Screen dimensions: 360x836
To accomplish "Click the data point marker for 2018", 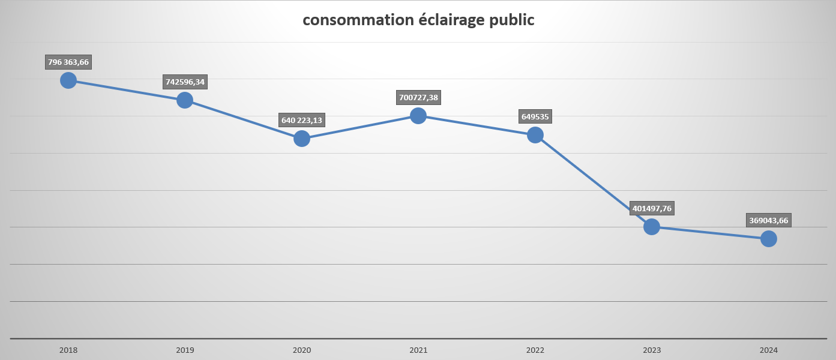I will tap(68, 80).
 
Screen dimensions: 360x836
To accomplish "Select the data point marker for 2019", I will tap(185, 100).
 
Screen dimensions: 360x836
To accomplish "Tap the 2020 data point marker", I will tap(302, 139).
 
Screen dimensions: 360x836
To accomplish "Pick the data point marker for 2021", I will tap(418, 116).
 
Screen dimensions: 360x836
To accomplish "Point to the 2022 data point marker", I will tap(535, 135).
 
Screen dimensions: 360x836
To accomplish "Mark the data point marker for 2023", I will tap(652, 227).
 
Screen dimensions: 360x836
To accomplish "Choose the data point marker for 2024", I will tap(769, 239).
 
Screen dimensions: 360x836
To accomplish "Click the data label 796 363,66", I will tap(68, 62).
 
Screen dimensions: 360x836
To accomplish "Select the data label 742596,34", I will tap(185, 82).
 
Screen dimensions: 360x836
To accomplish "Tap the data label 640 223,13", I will tap(302, 120).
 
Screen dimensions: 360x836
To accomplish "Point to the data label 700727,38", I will tap(418, 97).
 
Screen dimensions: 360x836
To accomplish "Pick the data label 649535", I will tap(535, 116).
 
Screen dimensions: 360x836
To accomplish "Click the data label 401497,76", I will tap(652, 208).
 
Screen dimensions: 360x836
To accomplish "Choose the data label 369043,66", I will tap(769, 220).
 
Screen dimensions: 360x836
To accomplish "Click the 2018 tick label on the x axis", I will tap(68, 350).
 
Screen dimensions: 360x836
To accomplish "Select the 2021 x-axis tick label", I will tap(418, 350).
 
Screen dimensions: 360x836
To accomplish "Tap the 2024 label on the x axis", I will tap(769, 350).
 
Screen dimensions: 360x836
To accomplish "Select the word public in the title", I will tap(512, 20).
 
